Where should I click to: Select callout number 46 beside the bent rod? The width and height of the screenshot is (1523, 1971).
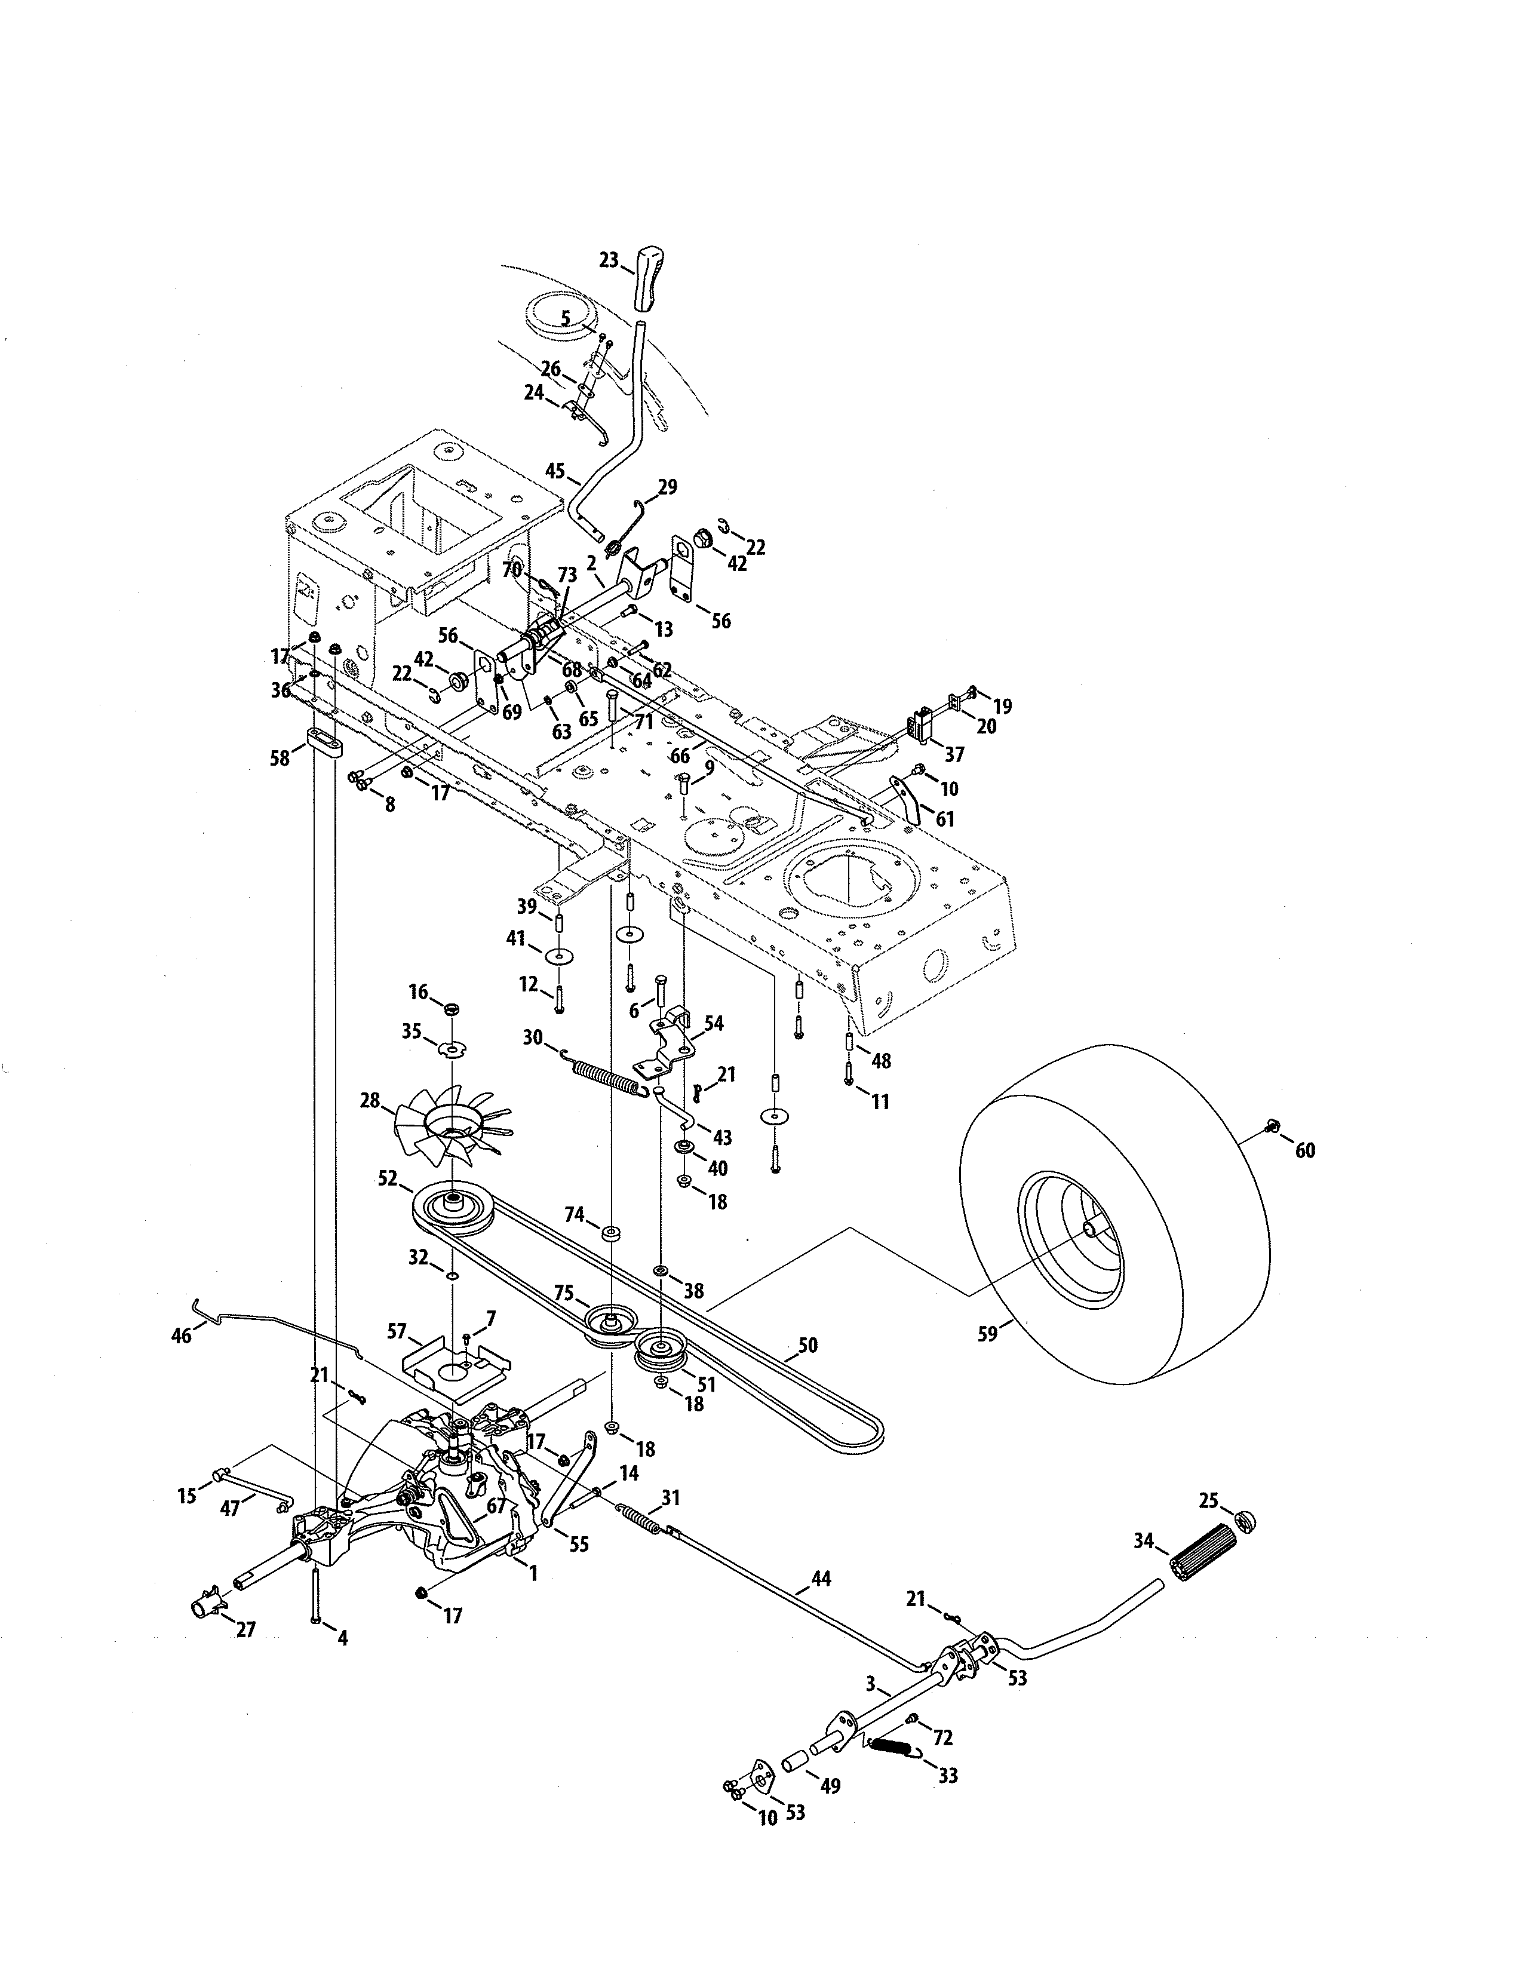coord(182,1335)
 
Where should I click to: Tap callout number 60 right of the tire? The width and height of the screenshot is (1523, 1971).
coord(1306,1151)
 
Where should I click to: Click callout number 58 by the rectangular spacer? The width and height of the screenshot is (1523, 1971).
coord(280,758)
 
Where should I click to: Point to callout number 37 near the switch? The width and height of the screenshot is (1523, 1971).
coord(954,754)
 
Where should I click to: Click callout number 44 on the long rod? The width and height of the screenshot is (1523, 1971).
coord(821,1579)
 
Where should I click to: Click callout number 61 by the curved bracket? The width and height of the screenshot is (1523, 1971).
coord(945,819)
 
